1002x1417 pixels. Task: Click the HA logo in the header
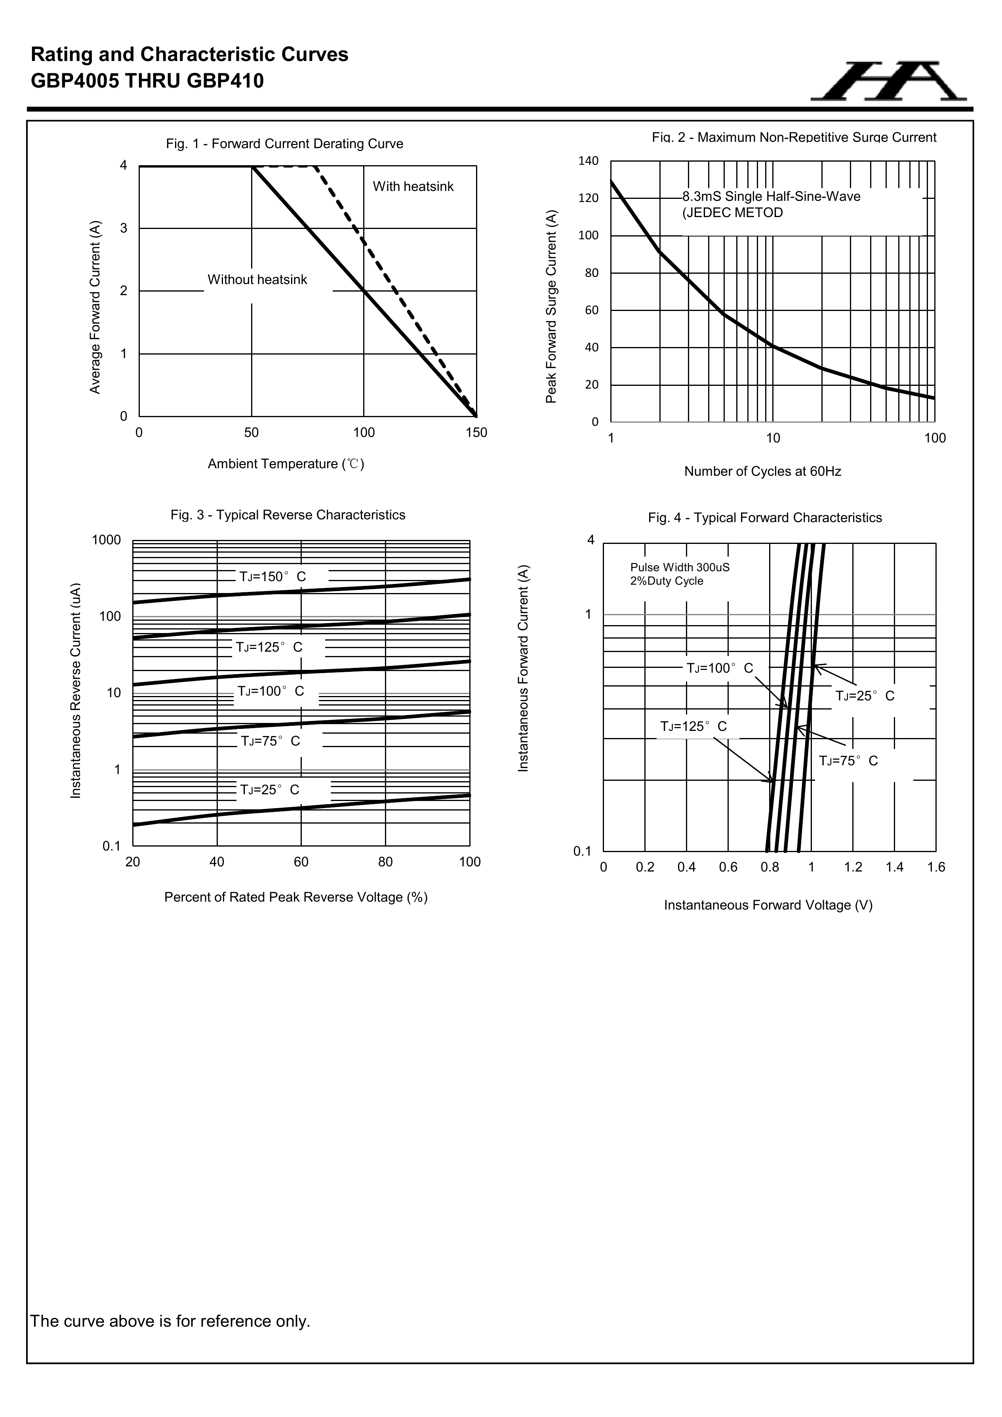[x=888, y=81]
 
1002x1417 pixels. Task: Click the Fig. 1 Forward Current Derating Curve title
[x=284, y=144]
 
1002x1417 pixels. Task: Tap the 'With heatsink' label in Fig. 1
[x=413, y=186]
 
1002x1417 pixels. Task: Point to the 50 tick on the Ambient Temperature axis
[x=251, y=433]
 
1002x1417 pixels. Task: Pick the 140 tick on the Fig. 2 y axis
[x=588, y=161]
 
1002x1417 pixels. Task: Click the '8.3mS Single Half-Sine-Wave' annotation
[x=771, y=197]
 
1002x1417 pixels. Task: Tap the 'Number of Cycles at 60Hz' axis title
[x=763, y=471]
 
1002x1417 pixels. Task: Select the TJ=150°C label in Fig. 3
[x=273, y=576]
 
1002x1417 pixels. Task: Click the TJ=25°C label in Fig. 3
[x=270, y=790]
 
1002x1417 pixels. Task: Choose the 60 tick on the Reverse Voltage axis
[x=301, y=862]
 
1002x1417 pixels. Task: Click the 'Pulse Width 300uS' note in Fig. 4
[x=679, y=567]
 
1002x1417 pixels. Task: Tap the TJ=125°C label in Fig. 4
[x=693, y=727]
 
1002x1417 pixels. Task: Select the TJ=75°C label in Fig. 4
[x=848, y=761]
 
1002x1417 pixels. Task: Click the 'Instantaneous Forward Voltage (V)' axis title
[x=768, y=905]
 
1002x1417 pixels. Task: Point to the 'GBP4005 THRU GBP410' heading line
[x=147, y=81]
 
